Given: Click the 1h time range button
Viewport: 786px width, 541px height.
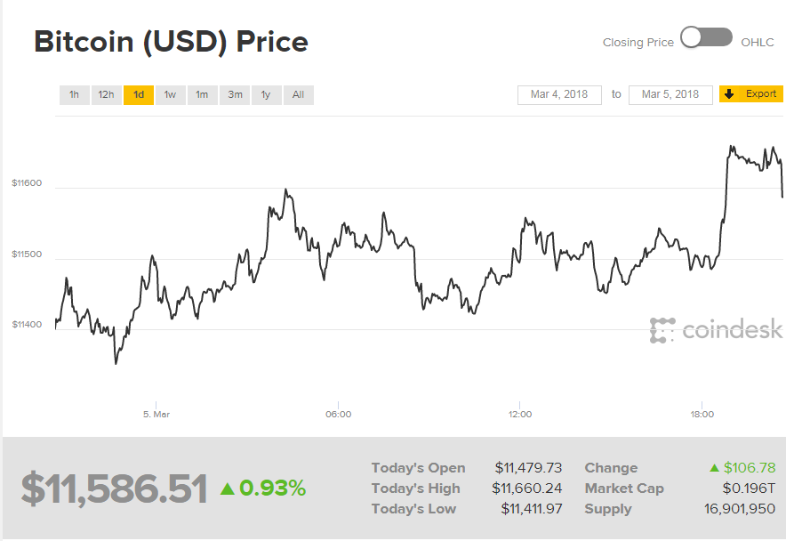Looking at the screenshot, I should (74, 94).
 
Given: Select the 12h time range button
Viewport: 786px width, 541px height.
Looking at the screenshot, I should (106, 94).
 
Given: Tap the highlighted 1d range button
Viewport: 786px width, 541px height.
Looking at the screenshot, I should (138, 94).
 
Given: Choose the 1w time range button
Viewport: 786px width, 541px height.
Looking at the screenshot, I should (170, 94).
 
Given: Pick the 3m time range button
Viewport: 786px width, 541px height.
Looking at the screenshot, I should (235, 94).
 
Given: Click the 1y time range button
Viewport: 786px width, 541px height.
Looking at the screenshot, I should (266, 94).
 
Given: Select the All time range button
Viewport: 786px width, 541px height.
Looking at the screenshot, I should (298, 94).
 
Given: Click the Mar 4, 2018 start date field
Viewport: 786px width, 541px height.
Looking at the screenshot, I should (559, 94).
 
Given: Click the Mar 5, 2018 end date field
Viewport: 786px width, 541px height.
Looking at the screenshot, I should (670, 94).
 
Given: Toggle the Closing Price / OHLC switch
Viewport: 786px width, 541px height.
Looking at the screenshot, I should (706, 38).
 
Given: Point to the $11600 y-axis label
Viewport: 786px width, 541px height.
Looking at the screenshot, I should (27, 183).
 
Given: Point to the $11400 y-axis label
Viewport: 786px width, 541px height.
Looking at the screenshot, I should (27, 325).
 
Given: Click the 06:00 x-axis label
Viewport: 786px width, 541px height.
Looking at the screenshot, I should (338, 414).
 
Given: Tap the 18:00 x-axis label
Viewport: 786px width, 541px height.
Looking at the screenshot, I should (702, 414).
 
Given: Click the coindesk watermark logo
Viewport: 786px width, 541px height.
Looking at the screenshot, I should (716, 330).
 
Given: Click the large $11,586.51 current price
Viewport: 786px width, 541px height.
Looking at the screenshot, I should (114, 489).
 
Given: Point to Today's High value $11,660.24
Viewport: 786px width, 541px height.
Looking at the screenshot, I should (528, 489).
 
